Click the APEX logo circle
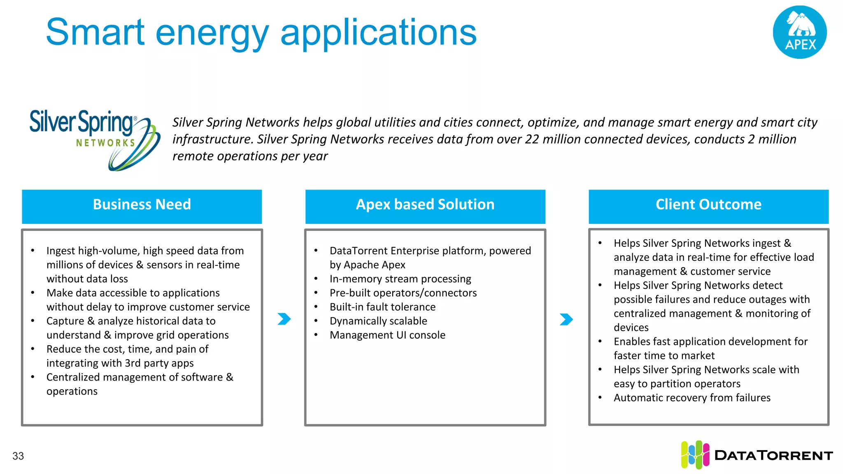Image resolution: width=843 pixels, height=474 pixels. [x=799, y=32]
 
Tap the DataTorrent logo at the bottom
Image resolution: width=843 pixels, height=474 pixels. [x=757, y=455]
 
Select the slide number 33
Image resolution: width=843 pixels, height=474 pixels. [x=18, y=456]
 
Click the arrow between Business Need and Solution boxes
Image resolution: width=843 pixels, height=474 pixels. [x=284, y=319]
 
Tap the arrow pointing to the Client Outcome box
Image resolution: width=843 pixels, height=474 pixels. [x=566, y=319]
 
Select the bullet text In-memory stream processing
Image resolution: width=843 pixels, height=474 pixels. [x=400, y=279]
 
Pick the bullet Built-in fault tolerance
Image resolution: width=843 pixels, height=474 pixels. [x=382, y=307]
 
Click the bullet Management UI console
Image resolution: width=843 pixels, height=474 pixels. [x=387, y=335]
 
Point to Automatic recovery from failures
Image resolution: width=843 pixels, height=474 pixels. [x=692, y=398]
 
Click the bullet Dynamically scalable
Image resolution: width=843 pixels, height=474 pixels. [x=378, y=321]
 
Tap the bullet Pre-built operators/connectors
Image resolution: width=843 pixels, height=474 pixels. [x=403, y=293]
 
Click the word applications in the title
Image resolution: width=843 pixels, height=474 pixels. [x=378, y=33]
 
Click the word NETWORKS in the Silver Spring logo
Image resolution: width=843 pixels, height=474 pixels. [x=105, y=143]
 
